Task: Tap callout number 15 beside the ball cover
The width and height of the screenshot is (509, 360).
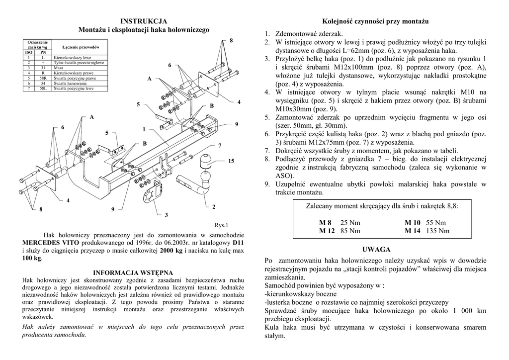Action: pos(231,161)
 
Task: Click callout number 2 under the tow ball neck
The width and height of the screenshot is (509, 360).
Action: pos(214,206)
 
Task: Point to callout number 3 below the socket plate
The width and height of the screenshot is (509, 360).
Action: pos(167,215)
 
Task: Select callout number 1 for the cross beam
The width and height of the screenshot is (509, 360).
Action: pos(144,129)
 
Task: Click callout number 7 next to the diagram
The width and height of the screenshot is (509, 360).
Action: pos(219,145)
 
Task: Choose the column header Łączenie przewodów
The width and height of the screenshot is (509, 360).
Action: pos(81,47)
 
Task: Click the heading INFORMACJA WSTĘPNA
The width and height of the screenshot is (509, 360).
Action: pos(133,272)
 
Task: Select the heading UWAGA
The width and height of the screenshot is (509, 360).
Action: pos(376,249)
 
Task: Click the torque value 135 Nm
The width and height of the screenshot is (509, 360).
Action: pos(437,231)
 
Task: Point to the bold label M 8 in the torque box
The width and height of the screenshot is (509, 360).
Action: pos(325,222)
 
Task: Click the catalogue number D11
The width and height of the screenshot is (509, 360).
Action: pos(238,242)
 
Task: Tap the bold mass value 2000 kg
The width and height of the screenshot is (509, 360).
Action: pos(171,251)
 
